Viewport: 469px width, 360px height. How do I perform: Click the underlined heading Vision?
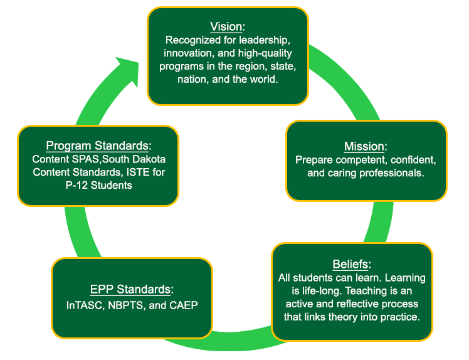pos(226,26)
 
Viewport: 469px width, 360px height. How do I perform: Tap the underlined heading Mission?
pos(364,146)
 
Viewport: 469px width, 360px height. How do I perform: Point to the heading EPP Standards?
pos(130,289)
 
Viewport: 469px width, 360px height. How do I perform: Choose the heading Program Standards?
pos(97,146)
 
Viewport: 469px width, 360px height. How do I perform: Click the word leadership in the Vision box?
pos(264,40)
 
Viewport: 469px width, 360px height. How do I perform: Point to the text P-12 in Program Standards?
pos(76,186)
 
